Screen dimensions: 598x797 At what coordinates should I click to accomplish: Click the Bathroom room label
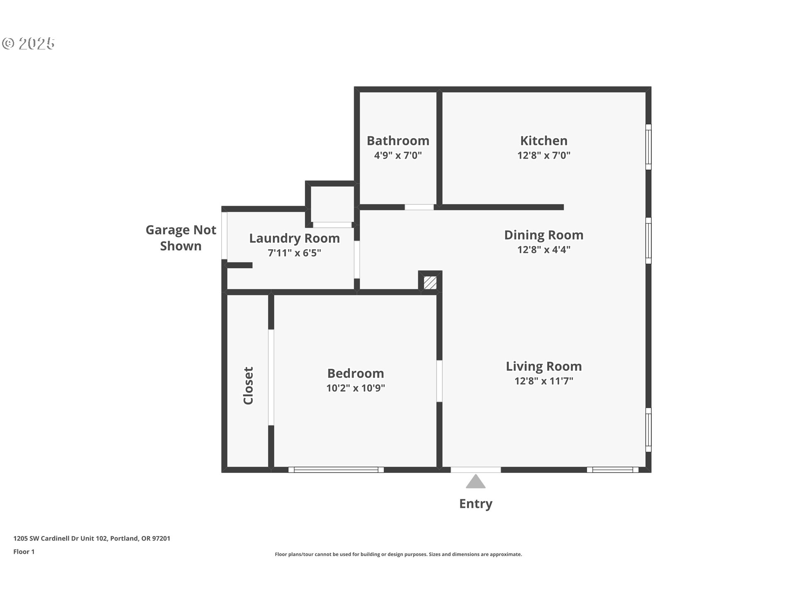coord(398,141)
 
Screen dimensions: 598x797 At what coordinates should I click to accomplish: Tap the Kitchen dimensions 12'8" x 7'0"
coord(543,155)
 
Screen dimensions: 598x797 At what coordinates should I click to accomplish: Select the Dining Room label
coord(543,235)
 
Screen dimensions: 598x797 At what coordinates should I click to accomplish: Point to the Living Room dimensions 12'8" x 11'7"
coord(543,381)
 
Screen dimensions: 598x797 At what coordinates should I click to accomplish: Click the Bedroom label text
coord(355,373)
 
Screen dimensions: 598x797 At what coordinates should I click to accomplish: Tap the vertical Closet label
coord(248,385)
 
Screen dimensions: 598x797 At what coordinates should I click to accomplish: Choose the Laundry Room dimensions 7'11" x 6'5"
coord(294,253)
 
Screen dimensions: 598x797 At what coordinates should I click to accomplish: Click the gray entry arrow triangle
coord(476,482)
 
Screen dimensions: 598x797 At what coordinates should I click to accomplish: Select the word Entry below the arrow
coord(476,504)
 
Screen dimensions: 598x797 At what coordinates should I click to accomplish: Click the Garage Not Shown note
coord(181,238)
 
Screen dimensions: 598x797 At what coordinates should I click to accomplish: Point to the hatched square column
coord(430,283)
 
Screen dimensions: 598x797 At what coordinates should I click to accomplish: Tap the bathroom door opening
coord(419,207)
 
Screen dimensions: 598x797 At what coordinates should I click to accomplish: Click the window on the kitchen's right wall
coord(648,147)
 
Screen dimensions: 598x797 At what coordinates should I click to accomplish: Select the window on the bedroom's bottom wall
coord(336,470)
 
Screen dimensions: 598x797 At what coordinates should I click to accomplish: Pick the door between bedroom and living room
coord(439,381)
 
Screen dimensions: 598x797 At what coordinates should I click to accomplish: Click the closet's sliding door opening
coord(271,377)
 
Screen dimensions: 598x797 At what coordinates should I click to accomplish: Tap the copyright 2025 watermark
coord(28,44)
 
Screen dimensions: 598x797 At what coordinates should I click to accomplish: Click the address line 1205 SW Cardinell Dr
coord(92,539)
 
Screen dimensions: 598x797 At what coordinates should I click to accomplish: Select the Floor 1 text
coord(24,552)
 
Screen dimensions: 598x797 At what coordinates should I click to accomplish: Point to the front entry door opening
coord(476,470)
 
